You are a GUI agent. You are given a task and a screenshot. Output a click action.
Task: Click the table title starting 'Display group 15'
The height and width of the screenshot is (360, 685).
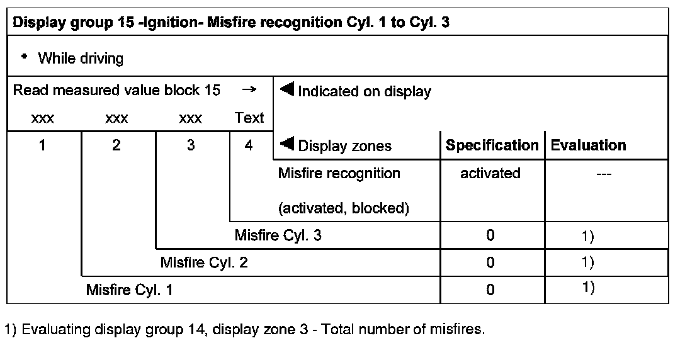230,23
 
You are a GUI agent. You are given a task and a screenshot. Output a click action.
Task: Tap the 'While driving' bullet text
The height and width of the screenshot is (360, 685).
80,59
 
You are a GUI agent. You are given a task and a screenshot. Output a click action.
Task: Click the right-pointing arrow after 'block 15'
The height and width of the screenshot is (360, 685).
249,90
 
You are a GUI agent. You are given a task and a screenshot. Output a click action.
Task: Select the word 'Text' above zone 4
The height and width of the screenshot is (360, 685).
249,118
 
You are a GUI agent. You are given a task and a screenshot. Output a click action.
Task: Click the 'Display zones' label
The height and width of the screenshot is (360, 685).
344,146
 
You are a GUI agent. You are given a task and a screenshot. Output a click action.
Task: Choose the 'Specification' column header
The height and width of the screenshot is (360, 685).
492,145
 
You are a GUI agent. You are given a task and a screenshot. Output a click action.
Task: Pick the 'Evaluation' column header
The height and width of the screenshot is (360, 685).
588,145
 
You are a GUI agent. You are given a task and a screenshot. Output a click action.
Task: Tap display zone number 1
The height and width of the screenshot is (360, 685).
42,145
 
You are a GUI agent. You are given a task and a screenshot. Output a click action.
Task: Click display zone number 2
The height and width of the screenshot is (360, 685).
116,145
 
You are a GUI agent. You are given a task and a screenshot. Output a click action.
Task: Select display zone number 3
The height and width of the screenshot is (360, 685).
191,145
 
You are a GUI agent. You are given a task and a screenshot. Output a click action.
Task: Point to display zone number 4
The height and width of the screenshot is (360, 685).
249,145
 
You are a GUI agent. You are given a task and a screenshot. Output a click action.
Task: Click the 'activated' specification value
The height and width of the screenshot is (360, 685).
490,174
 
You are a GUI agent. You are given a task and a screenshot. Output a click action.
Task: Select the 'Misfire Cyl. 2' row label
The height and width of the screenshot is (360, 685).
204,262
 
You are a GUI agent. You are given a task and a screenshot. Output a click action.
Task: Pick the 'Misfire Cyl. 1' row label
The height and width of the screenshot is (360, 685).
130,290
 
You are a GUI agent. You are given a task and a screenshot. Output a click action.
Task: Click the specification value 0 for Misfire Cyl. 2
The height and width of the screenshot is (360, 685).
490,262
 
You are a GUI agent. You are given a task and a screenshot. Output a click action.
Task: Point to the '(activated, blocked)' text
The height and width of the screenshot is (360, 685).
343,208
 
